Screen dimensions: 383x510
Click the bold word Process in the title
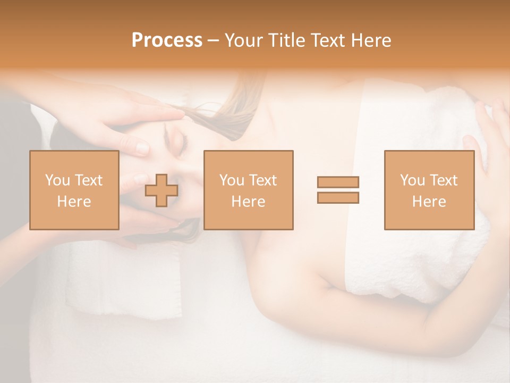[167, 40]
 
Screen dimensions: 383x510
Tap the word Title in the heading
[287, 40]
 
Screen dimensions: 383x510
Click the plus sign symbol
[161, 190]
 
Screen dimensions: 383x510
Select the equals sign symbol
[338, 190]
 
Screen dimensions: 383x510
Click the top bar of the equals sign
[338, 182]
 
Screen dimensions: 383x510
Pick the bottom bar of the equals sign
[338, 197]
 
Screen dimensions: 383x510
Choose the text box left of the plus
[74, 190]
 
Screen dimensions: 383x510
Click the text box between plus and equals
[248, 190]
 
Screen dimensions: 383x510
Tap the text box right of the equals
[429, 190]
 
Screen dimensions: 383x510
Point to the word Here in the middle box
[248, 202]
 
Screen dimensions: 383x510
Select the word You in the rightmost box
[413, 180]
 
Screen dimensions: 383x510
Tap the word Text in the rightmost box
[443, 180]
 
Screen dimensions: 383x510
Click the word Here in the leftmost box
[74, 202]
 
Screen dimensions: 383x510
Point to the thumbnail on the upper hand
[142, 147]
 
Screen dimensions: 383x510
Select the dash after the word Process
[213, 40]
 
